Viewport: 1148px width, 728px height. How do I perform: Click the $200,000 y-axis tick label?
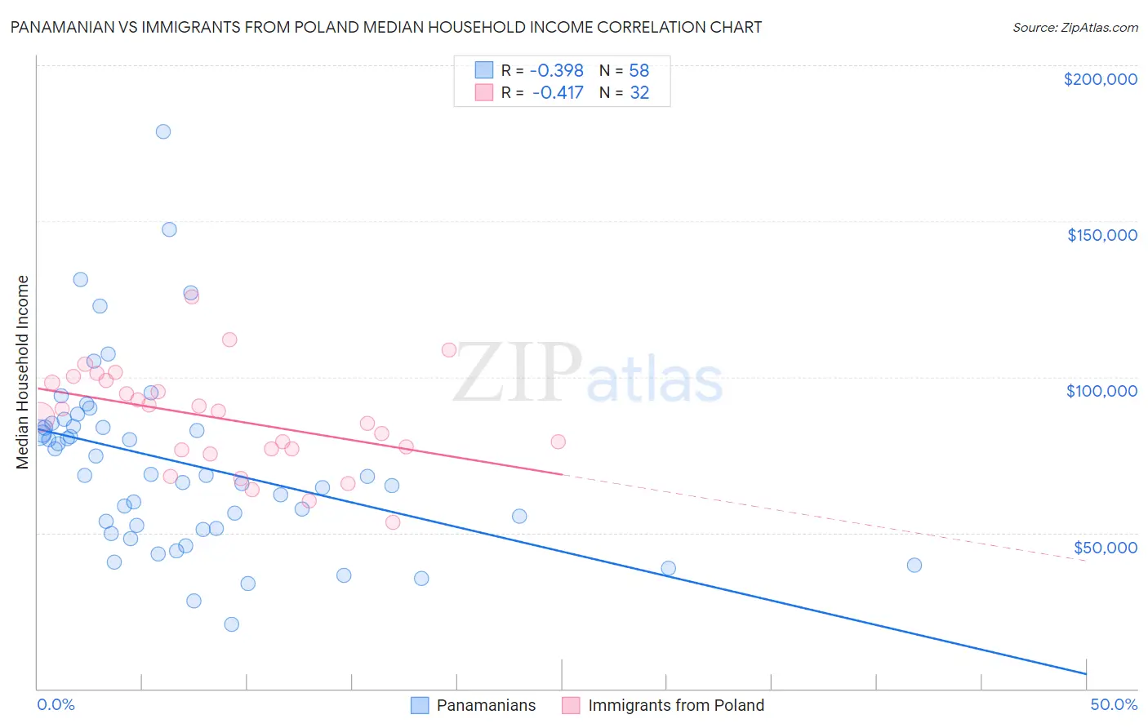coord(1100,79)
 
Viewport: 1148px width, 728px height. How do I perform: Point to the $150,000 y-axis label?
coord(1101,235)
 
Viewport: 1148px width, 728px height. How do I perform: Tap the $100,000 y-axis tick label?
coord(1101,391)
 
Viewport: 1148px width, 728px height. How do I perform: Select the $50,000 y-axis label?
coord(1105,547)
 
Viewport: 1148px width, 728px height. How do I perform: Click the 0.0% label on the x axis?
coord(56,704)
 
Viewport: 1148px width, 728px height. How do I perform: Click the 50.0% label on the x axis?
coord(1114,704)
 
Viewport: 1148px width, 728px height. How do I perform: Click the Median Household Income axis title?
coord(23,372)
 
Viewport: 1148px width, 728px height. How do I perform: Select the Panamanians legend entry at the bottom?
coord(474,705)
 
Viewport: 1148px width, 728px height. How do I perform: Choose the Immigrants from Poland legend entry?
coord(663,705)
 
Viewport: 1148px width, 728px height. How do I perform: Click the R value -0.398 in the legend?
coord(557,71)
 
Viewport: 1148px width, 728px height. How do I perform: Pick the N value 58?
coord(639,71)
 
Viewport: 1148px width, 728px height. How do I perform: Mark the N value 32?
coord(639,93)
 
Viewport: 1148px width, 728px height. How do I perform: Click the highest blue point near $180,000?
coord(163,131)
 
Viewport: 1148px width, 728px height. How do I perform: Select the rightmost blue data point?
coord(914,566)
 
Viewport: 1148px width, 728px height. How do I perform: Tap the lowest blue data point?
coord(232,624)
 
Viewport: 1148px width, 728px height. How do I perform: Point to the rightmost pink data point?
coord(558,442)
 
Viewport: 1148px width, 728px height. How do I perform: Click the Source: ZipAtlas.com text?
coord(1075,28)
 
